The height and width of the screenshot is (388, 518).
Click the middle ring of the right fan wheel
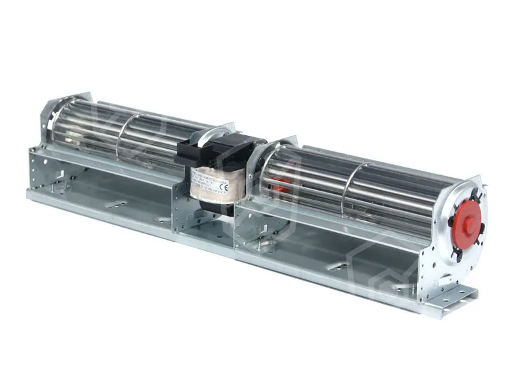(x=349, y=187)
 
